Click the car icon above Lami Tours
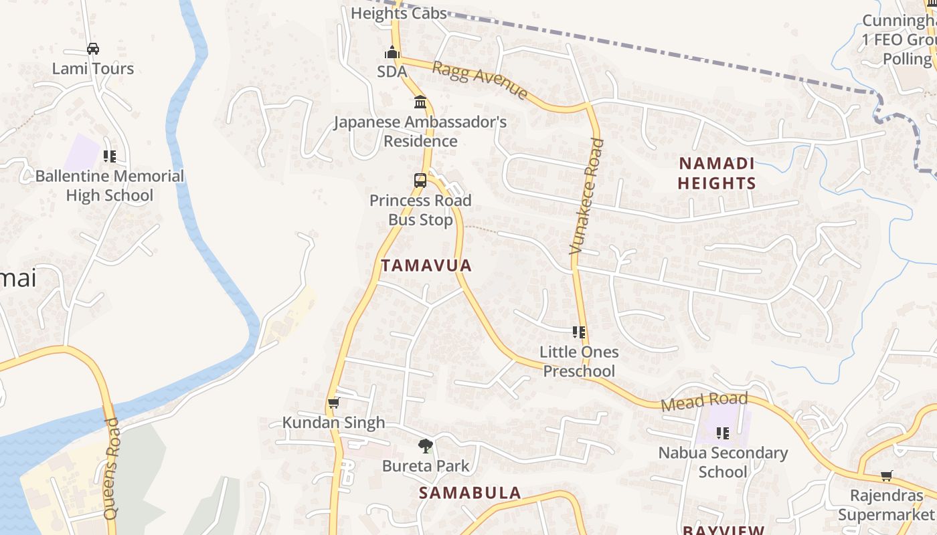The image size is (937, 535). pyautogui.click(x=93, y=49)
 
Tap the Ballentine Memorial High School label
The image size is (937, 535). pyautogui.click(x=110, y=186)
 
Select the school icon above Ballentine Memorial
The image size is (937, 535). pyautogui.click(x=110, y=156)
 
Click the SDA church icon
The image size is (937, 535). pyautogui.click(x=392, y=52)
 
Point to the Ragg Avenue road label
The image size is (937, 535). pyautogui.click(x=480, y=80)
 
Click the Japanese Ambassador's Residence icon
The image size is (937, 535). pyautogui.click(x=420, y=102)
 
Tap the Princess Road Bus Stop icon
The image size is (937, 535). pyautogui.click(x=420, y=180)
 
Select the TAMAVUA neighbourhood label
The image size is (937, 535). pyautogui.click(x=426, y=265)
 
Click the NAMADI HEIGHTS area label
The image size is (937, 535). pyautogui.click(x=717, y=173)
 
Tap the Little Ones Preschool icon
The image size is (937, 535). pyautogui.click(x=579, y=332)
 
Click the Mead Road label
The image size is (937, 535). pyautogui.click(x=703, y=402)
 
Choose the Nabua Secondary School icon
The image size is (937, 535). pyautogui.click(x=723, y=433)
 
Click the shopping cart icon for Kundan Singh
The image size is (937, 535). pyautogui.click(x=333, y=403)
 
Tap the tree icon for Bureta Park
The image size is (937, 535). pyautogui.click(x=425, y=445)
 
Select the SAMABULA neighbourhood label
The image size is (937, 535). pyautogui.click(x=470, y=493)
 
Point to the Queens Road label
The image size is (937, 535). pyautogui.click(x=111, y=469)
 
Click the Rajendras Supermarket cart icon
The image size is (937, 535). pyautogui.click(x=886, y=476)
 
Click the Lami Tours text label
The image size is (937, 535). pyautogui.click(x=93, y=68)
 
